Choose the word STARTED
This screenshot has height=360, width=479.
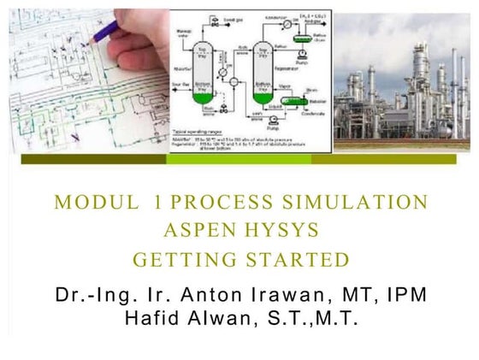tap(294, 260)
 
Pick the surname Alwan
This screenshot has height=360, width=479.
tap(229, 319)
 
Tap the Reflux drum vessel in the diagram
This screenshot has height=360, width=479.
tap(301, 38)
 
